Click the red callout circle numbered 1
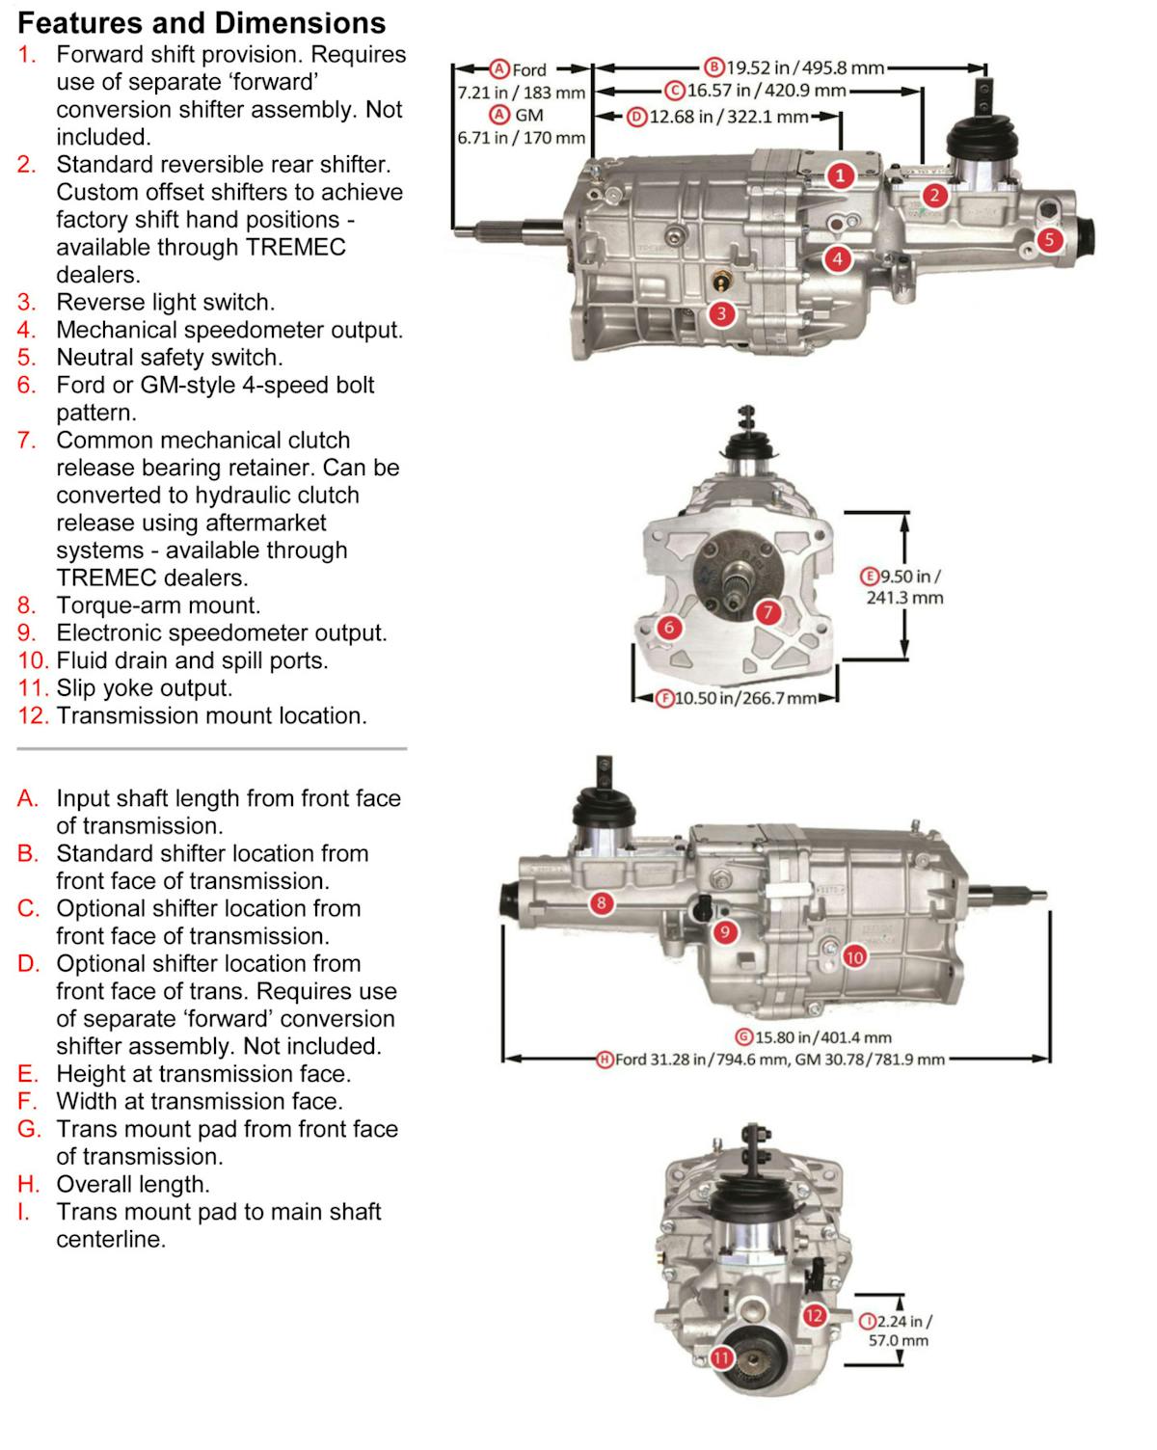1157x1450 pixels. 841,175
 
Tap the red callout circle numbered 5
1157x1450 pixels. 1049,240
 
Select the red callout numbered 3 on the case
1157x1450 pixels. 721,313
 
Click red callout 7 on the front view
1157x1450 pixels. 767,612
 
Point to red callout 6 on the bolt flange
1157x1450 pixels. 669,628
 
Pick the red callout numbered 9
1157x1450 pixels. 724,932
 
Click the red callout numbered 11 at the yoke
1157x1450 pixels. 722,1358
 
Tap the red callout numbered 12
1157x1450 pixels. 815,1315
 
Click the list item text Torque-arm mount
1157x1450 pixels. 158,605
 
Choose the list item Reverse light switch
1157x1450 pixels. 165,302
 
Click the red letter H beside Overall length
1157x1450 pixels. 27,1184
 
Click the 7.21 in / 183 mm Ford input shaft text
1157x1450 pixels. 522,94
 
